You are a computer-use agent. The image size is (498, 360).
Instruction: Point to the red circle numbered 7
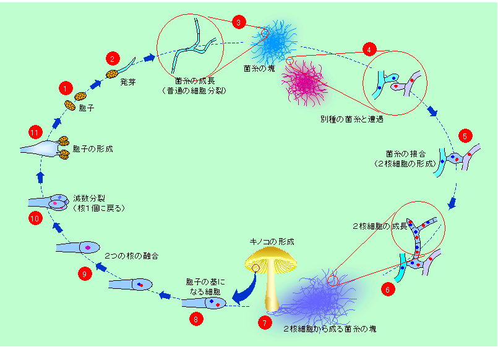point(264,322)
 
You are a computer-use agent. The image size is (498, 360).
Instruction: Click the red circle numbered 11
point(35,132)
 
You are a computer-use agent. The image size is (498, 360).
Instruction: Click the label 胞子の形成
point(93,149)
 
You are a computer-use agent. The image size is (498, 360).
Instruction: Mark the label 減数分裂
point(87,199)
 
